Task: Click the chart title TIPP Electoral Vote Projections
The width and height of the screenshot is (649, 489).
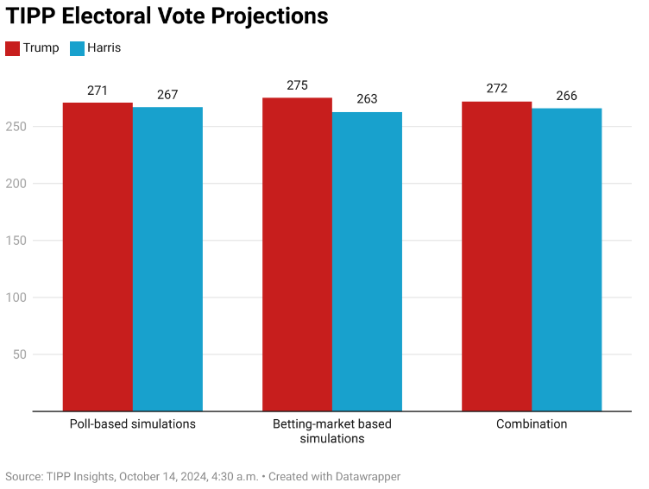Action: [x=167, y=16]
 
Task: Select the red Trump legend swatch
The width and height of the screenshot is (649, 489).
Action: [x=13, y=48]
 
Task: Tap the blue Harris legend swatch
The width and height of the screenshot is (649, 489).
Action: [x=77, y=48]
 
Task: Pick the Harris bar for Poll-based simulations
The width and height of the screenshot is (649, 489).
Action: [x=167, y=259]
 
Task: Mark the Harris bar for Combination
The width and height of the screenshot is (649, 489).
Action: [x=566, y=260]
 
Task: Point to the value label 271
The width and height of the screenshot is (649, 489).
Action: [x=98, y=91]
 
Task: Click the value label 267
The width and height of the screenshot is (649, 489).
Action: [x=167, y=95]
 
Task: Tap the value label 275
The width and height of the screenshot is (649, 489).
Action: [x=297, y=85]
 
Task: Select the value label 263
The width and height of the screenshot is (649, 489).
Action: [x=367, y=99]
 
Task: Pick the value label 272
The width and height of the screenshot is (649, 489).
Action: [x=496, y=89]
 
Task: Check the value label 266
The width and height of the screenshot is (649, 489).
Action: [x=566, y=96]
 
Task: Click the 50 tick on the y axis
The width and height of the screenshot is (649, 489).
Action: [x=21, y=354]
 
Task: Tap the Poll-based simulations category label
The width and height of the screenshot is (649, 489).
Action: [x=133, y=424]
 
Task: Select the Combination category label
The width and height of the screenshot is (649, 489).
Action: [x=532, y=424]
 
